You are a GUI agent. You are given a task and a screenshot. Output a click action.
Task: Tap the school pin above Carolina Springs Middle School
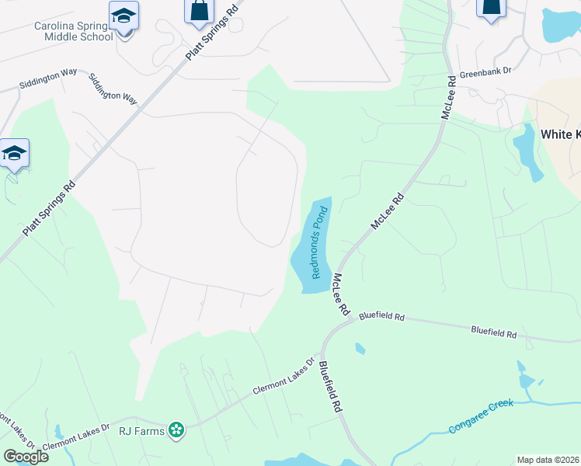124,16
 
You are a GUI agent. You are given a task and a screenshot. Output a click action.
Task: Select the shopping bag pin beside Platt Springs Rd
199,11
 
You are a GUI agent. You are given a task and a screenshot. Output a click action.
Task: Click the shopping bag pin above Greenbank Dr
490,8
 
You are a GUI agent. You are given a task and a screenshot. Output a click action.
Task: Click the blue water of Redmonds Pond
305,268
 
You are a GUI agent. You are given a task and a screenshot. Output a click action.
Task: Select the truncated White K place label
560,134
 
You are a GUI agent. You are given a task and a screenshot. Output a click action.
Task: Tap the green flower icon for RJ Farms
177,429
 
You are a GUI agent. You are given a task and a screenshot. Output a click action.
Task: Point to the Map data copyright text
548,460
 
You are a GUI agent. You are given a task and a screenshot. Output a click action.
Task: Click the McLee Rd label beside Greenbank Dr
448,98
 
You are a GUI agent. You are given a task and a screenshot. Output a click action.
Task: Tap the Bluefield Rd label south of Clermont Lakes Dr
329,385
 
